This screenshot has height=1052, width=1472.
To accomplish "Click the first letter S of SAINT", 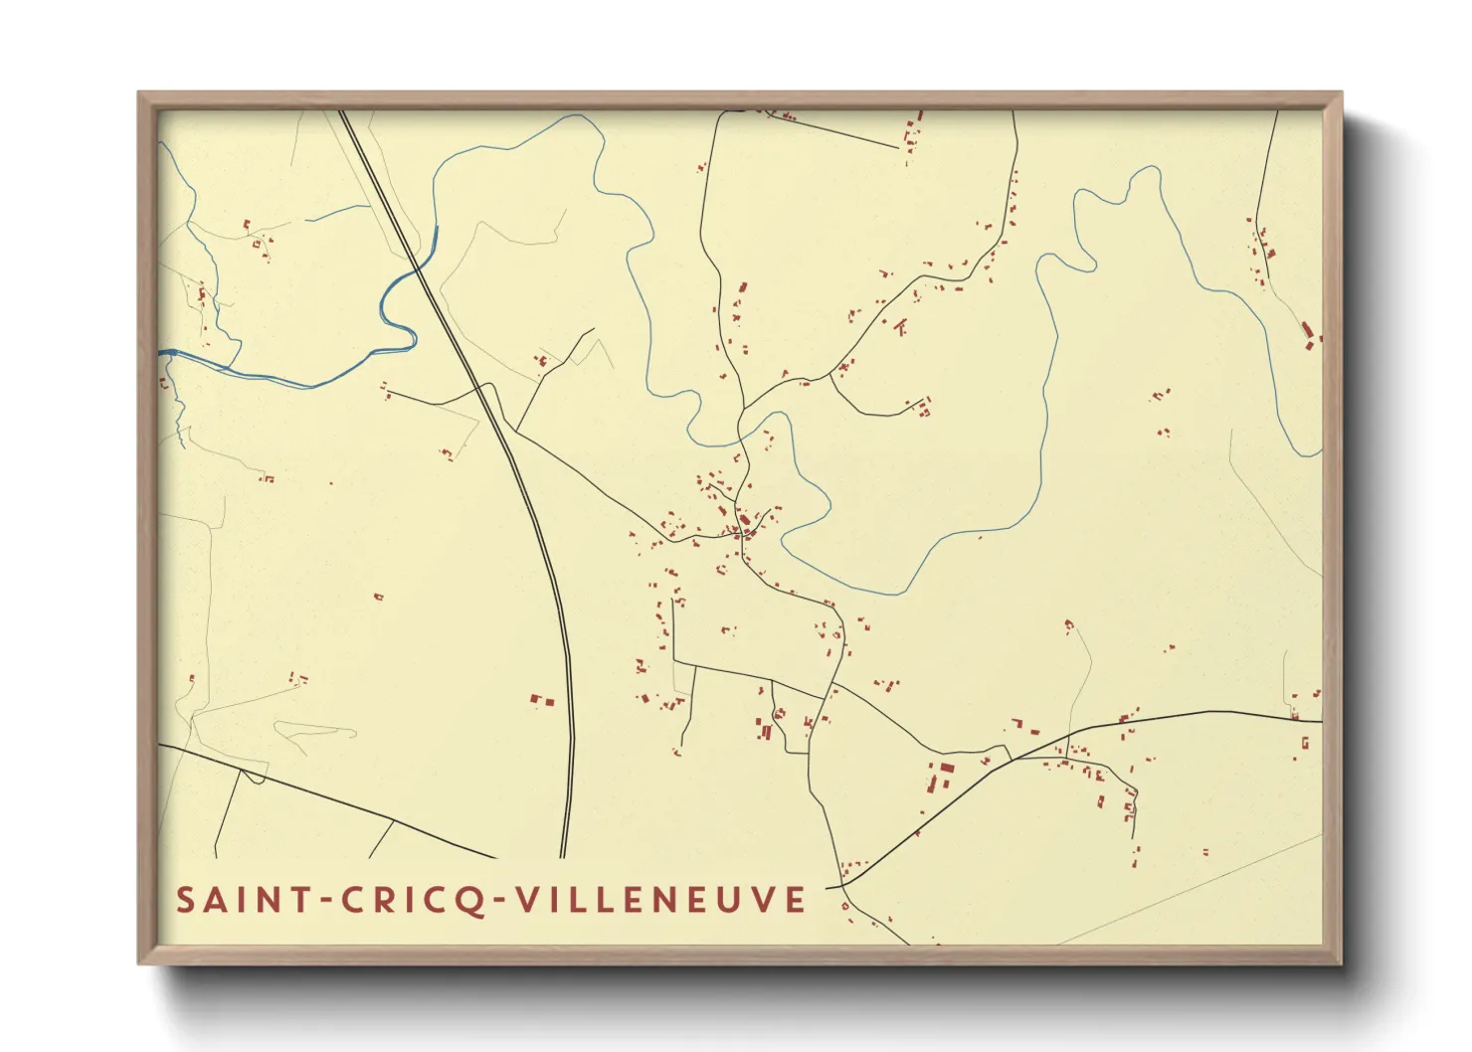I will point(185,900).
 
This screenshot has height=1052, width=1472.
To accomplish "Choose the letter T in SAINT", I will point(297,900).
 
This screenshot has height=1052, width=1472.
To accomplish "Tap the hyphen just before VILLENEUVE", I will point(501,901).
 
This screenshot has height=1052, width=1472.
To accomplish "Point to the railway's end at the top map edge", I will point(342,111).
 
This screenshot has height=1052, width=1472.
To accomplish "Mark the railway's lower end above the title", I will point(563,855).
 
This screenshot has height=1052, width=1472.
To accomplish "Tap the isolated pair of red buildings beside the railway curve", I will point(541,701).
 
